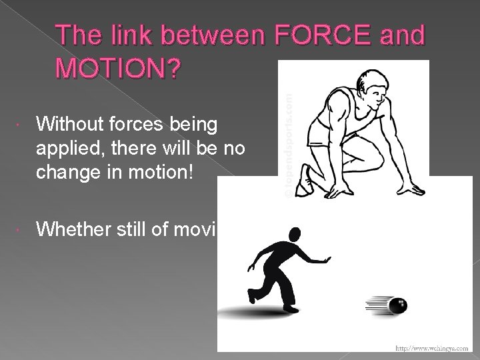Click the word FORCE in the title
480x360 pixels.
pos(309,36)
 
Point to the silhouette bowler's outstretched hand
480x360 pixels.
pos(326,259)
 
